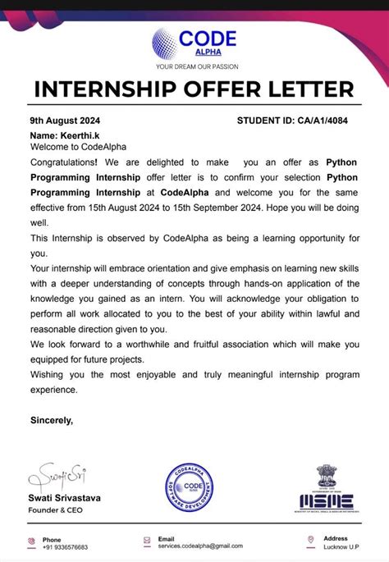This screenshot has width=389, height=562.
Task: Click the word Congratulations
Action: tap(66, 163)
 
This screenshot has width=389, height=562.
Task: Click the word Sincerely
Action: tap(51, 420)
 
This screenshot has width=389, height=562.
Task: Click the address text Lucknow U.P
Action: tap(342, 547)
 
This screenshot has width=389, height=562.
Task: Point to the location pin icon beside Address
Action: tap(310, 542)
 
